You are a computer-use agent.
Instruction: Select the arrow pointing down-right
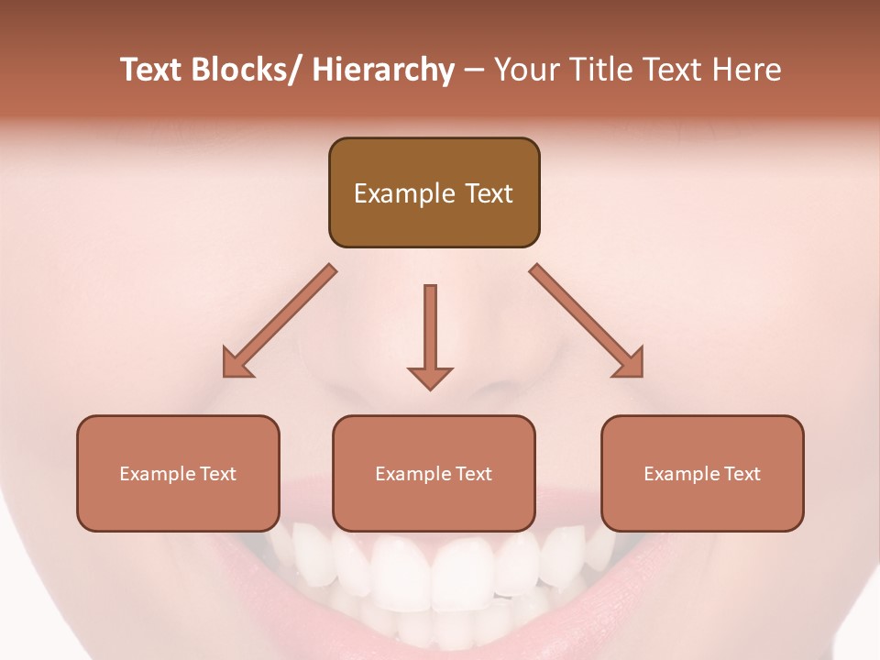coord(587,321)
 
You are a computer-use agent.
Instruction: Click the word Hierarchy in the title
coord(383,70)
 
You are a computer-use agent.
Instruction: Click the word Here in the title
coord(747,70)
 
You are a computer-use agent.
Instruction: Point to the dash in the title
coord(474,71)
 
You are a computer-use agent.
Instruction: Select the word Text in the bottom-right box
coord(741,474)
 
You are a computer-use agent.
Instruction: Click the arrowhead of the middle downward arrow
coord(430,378)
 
